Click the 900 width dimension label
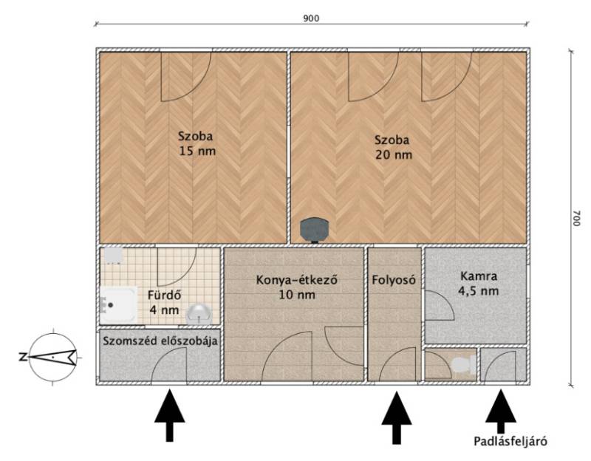tap(311, 18)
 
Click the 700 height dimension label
tap(576, 218)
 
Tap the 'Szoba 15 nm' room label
tap(197, 143)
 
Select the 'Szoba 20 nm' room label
tap(393, 147)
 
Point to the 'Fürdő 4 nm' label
tap(164, 302)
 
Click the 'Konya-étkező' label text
tap(296, 280)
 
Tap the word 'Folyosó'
tap(394, 280)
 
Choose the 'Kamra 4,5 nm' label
tap(478, 284)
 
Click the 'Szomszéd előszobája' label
tap(160, 341)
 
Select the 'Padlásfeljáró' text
tap(510, 441)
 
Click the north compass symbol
tap(52, 356)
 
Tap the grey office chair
tap(315, 230)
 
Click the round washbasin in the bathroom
tap(198, 314)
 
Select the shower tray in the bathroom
tap(118, 304)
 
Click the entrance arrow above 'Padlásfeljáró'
tap(501, 412)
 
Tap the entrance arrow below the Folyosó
tap(397, 417)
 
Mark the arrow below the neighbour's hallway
tap(170, 415)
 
